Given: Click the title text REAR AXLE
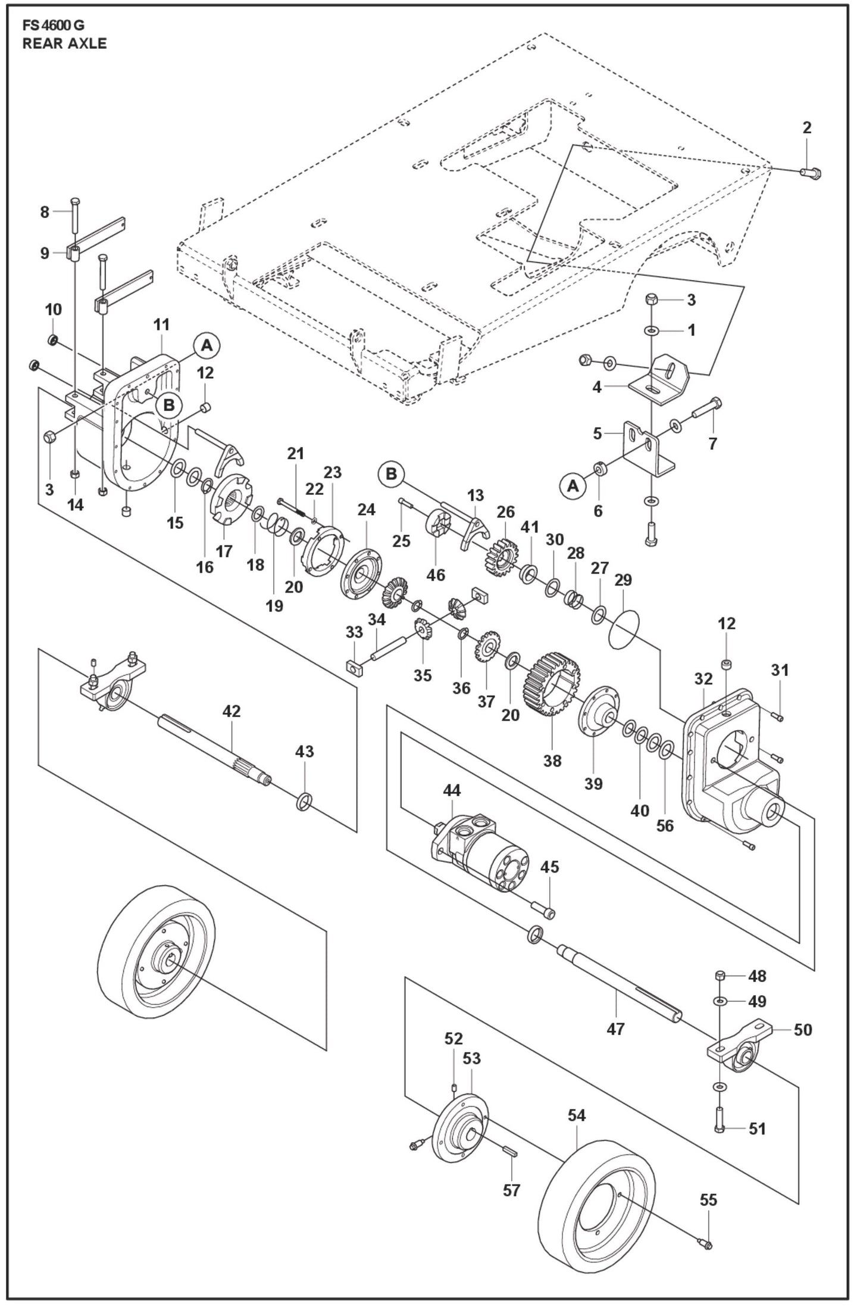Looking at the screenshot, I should pyautogui.click(x=64, y=43).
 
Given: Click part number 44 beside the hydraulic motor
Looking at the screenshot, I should pyautogui.click(x=452, y=791).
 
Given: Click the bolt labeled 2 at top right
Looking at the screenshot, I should pyautogui.click(x=809, y=173).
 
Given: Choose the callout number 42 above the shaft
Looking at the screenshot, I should pyautogui.click(x=232, y=711).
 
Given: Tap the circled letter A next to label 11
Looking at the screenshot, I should pyautogui.click(x=207, y=345).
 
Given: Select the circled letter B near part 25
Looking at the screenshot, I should pyautogui.click(x=391, y=474).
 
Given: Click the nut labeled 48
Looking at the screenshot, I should pyautogui.click(x=720, y=975).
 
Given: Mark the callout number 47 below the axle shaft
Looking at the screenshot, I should pyautogui.click(x=615, y=1029).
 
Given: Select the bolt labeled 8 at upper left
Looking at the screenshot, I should pyautogui.click(x=74, y=216).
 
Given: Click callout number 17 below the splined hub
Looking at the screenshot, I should pyautogui.click(x=224, y=551).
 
